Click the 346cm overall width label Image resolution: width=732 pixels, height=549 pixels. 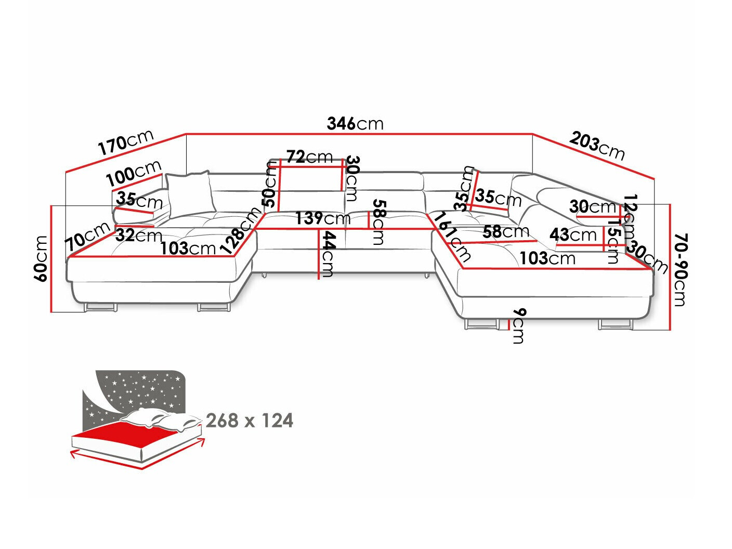tap(355, 124)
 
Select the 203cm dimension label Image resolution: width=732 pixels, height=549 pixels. tap(597, 146)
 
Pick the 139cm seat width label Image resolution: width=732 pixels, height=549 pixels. tap(322, 218)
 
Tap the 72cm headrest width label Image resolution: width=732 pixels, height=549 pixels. tap(309, 156)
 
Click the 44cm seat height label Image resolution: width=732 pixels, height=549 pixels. tap(328, 254)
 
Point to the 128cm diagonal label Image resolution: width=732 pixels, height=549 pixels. tap(240, 230)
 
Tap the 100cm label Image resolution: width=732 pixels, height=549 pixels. tap(134, 174)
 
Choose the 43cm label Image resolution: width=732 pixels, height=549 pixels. tap(573, 235)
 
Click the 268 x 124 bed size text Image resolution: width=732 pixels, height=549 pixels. tap(250, 420)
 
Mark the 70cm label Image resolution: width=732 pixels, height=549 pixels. tap(87, 237)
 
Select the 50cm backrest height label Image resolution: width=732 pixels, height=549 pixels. tap(269, 185)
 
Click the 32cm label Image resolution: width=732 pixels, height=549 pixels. tap(139, 236)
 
